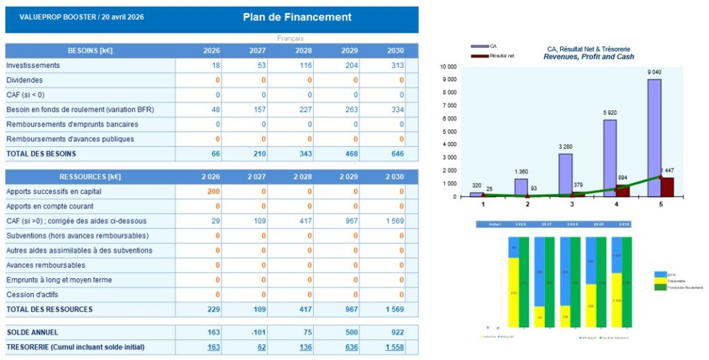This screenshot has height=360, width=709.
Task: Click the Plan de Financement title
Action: [297, 17]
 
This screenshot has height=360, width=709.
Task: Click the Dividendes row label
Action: [24, 80]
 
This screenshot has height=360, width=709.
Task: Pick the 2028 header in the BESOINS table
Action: [303, 51]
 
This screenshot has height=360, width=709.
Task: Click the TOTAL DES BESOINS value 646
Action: [396, 154]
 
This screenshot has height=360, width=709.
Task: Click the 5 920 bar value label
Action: [609, 113]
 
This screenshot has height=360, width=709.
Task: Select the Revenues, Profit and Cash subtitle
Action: [588, 57]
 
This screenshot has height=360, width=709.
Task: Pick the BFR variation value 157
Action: [258, 109]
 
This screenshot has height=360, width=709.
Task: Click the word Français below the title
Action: [290, 39]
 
